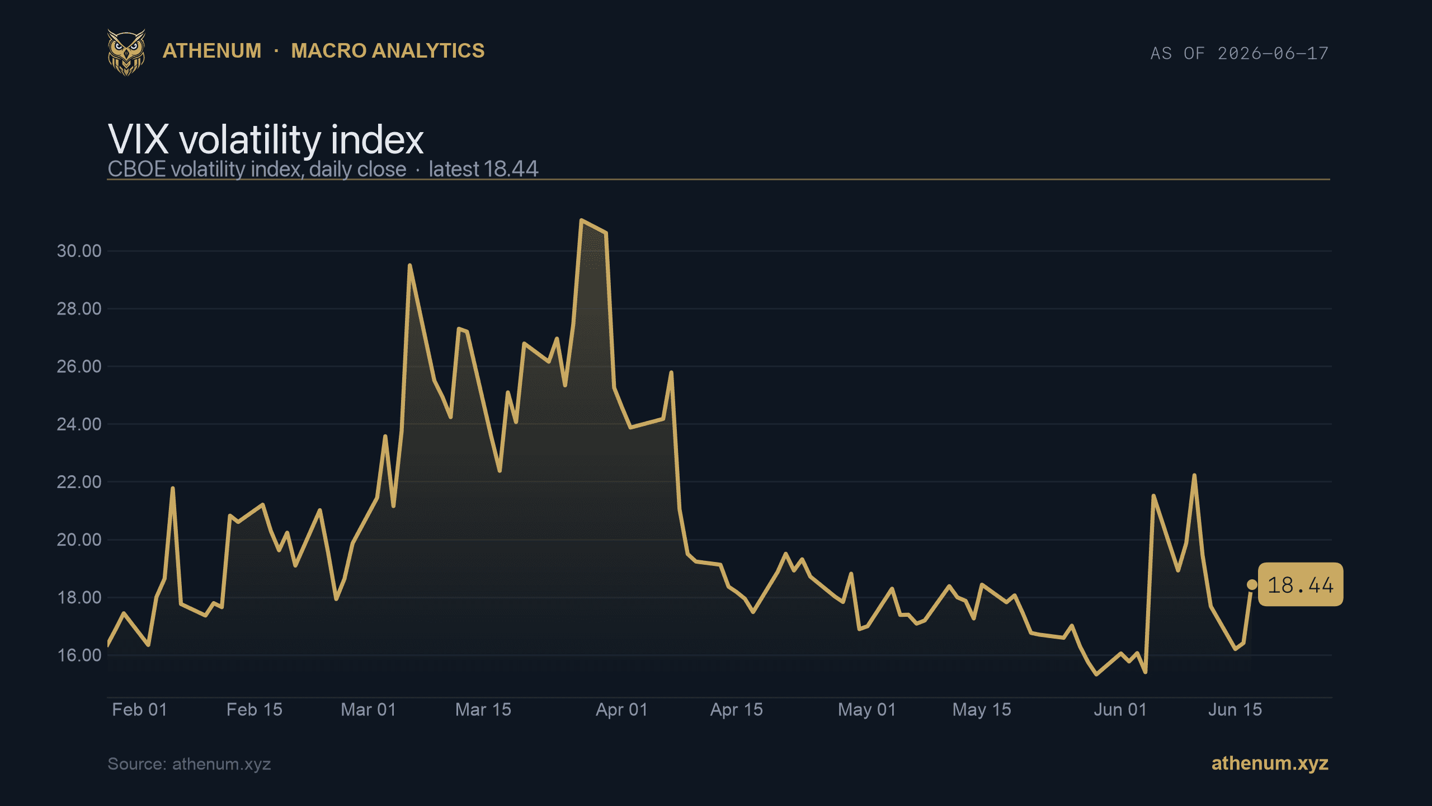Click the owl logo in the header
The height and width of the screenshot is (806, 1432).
pyautogui.click(x=126, y=53)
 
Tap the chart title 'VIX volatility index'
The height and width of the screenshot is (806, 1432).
pyautogui.click(x=266, y=139)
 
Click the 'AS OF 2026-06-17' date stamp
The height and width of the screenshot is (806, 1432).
pyautogui.click(x=1239, y=53)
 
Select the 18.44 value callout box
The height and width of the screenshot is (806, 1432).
pyautogui.click(x=1301, y=585)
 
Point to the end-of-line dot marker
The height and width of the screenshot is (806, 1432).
pyautogui.click(x=1252, y=585)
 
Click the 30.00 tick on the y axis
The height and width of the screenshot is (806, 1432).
pyautogui.click(x=79, y=251)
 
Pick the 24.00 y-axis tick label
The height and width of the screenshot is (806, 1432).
pyautogui.click(x=79, y=424)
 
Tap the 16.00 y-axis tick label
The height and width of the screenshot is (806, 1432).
pyautogui.click(x=79, y=655)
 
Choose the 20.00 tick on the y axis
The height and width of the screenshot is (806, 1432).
pyautogui.click(x=79, y=540)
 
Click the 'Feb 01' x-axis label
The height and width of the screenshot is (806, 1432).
pyautogui.click(x=140, y=710)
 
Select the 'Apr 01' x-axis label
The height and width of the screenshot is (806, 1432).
pyautogui.click(x=621, y=710)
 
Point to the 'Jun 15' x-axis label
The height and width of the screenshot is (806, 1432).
pyautogui.click(x=1235, y=710)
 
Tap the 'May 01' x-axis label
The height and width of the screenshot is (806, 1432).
pyautogui.click(x=867, y=710)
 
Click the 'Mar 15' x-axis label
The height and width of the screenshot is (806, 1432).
pyautogui.click(x=483, y=710)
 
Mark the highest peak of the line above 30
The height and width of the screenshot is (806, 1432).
pyautogui.click(x=582, y=220)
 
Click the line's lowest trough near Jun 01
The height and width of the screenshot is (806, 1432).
pyautogui.click(x=1097, y=674)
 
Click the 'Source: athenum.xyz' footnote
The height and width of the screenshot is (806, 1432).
pyautogui.click(x=189, y=764)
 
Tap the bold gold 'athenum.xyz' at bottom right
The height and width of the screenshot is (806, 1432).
pyautogui.click(x=1270, y=763)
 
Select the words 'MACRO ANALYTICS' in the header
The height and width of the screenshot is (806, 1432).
pyautogui.click(x=388, y=51)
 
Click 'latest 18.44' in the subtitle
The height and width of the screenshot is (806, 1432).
pyautogui.click(x=483, y=169)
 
